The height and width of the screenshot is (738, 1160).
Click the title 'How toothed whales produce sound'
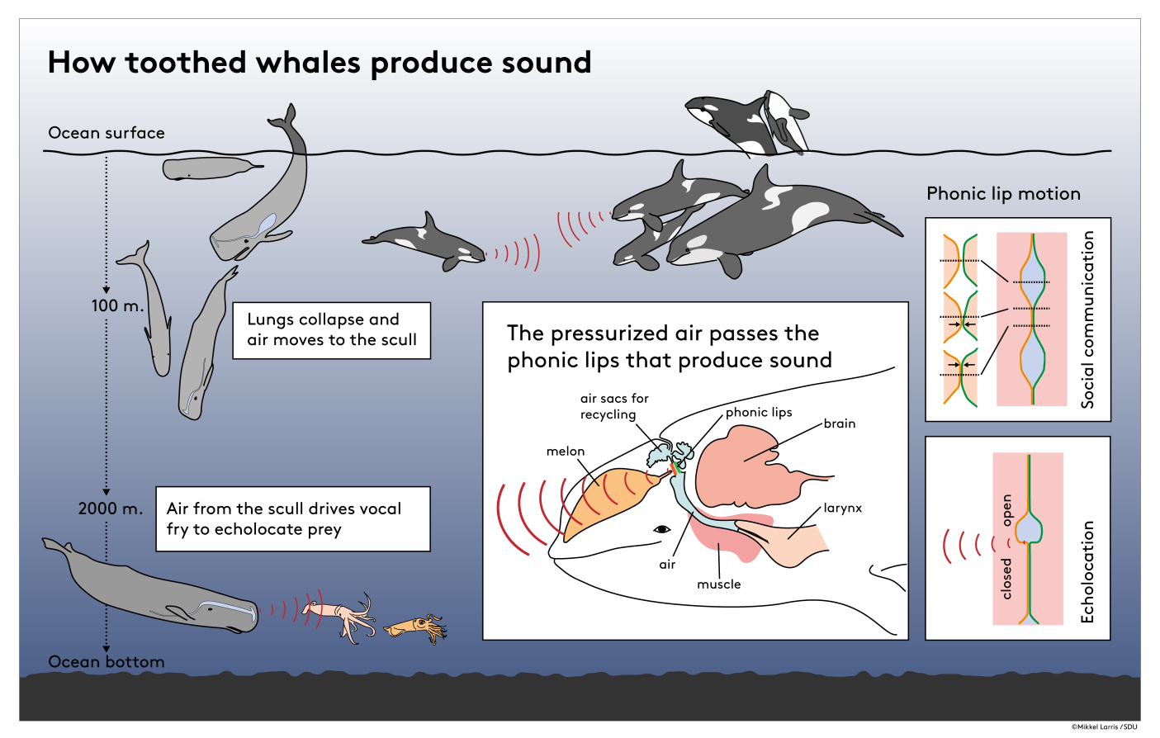point(319,63)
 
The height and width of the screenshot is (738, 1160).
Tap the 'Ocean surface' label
point(107,133)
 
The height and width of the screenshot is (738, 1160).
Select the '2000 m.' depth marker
point(111,509)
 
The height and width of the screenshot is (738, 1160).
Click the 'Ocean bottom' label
point(107,661)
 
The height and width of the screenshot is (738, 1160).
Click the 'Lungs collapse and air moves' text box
point(331,330)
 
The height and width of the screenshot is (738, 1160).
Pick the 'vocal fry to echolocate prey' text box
point(292,518)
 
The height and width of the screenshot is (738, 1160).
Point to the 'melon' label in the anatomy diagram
point(566,452)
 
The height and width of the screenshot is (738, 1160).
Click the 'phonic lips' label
point(759,412)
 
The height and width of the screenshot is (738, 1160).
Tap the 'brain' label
point(840,423)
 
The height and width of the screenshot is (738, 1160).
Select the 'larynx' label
point(842,508)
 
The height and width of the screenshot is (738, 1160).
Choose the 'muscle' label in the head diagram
point(718,584)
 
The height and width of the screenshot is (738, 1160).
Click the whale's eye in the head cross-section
point(661,529)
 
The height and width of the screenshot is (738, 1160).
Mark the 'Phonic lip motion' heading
point(1003,194)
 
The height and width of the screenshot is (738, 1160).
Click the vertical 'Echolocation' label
point(1087,571)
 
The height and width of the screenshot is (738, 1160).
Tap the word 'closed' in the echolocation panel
point(1006,578)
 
